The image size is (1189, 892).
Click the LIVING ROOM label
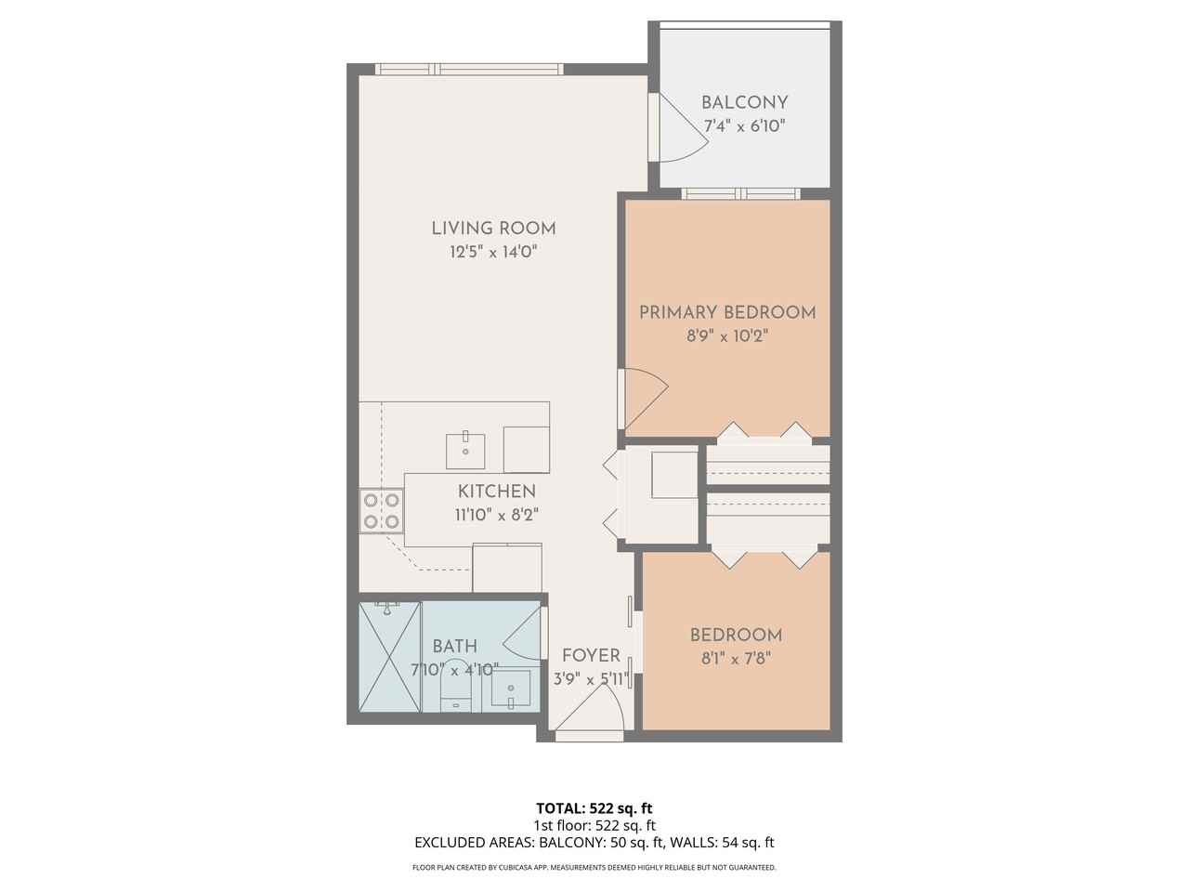click(x=493, y=228)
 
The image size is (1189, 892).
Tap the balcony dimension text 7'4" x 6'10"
click(x=743, y=126)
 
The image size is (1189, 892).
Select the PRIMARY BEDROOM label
click(x=727, y=312)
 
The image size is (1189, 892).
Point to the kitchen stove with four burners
click(x=382, y=511)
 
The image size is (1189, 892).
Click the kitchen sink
click(x=464, y=451)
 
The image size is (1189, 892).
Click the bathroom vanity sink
click(x=510, y=689)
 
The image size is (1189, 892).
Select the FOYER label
click(x=591, y=656)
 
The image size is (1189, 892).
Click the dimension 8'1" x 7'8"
click(x=736, y=659)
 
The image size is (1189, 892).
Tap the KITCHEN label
click(x=496, y=492)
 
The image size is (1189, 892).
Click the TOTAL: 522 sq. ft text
click(x=600, y=807)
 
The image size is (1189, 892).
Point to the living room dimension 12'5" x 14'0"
click(x=493, y=252)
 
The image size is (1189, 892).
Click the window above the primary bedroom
click(x=740, y=193)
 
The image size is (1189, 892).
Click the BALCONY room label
click(x=744, y=102)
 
